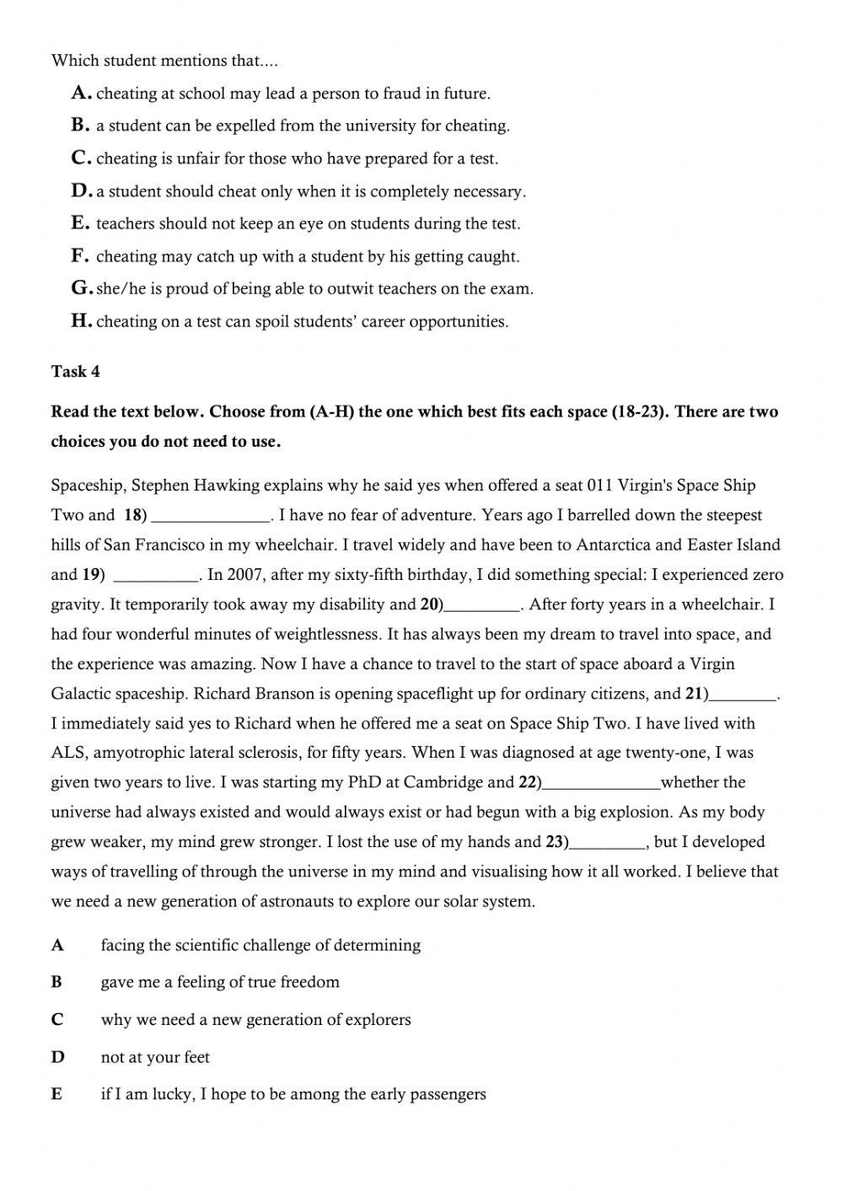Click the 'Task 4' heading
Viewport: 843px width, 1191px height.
75,372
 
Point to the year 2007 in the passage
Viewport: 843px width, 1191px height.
245,575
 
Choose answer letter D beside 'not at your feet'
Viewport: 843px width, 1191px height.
57,1057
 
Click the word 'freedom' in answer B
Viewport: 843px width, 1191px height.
309,982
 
